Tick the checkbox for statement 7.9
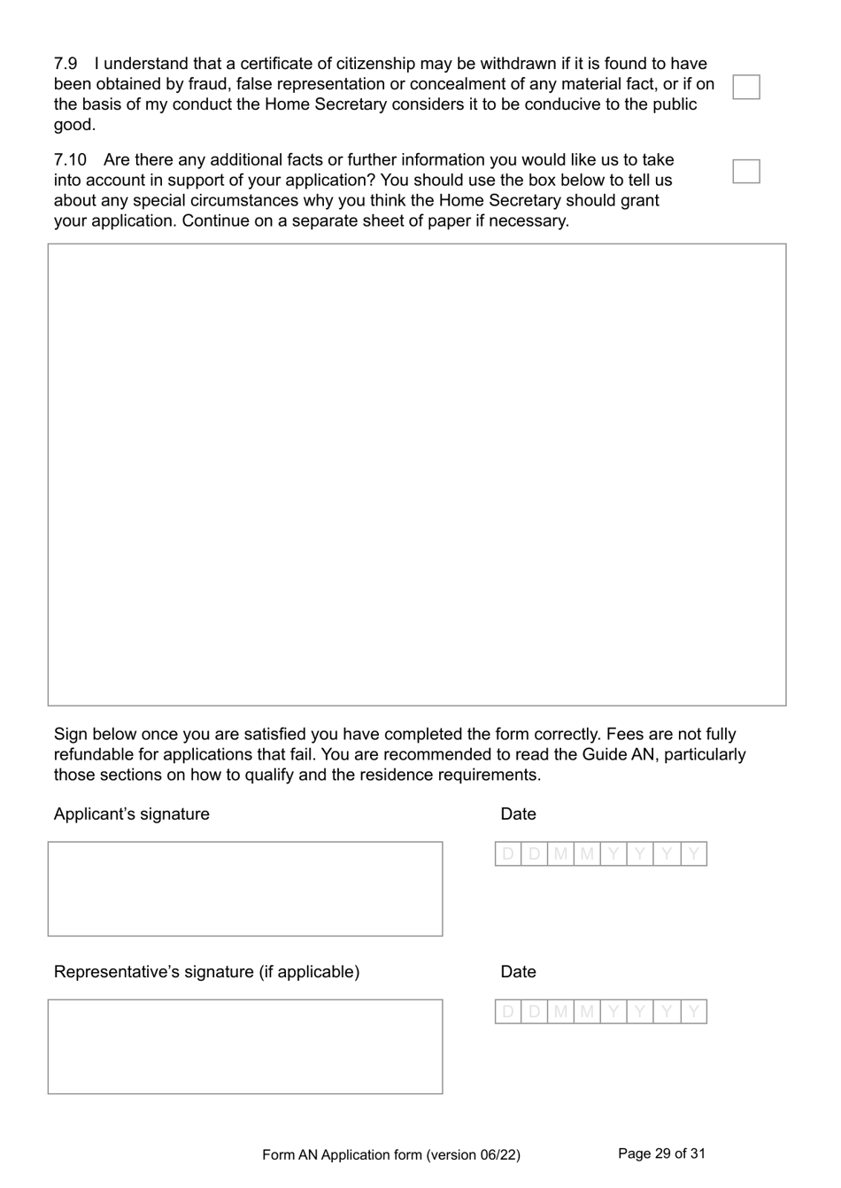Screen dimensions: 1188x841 click(746, 87)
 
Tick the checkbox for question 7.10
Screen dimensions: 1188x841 click(746, 171)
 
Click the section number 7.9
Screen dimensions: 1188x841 click(66, 64)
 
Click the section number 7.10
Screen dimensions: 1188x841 click(70, 160)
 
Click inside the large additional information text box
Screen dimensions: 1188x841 click(416, 474)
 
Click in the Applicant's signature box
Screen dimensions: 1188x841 click(245, 888)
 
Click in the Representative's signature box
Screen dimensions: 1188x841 click(245, 1046)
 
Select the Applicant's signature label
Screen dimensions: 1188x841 click(132, 814)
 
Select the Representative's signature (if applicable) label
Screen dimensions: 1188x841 click(206, 972)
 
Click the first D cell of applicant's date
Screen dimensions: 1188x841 click(508, 854)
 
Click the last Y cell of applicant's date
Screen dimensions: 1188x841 click(694, 854)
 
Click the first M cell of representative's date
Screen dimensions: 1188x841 click(560, 1012)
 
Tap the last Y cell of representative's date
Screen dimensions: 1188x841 click(694, 1012)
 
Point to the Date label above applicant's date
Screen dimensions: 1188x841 click(518, 814)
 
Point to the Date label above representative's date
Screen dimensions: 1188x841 click(518, 972)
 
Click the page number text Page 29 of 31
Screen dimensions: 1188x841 click(661, 1153)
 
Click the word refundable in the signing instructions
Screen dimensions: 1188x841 click(95, 754)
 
